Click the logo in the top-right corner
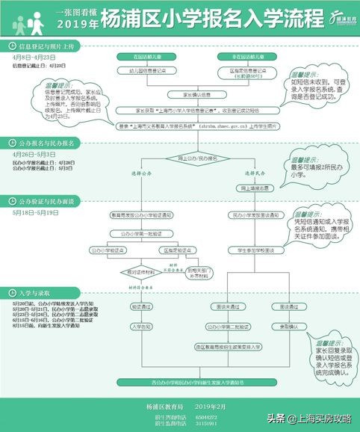(335, 15)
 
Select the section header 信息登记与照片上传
(54, 46)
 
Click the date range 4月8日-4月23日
(34, 58)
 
